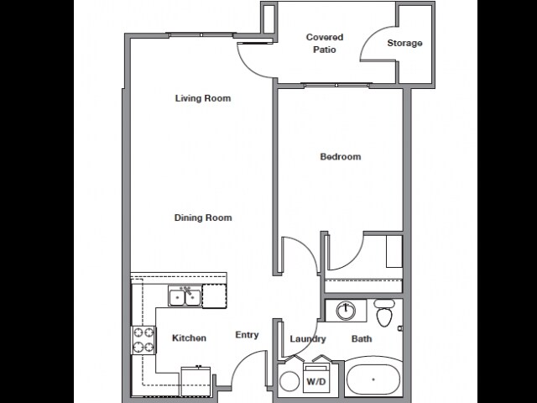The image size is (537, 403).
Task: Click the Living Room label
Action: pos(202,98)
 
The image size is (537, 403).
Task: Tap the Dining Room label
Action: pos(202,218)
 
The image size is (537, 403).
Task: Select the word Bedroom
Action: pos(340,157)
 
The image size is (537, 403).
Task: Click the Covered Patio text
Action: pos(324,44)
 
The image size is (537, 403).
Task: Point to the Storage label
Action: pos(404,44)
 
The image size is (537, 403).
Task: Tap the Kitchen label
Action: pos(189,338)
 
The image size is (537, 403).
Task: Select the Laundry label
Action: pos(307,339)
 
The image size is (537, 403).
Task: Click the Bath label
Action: pos(362,339)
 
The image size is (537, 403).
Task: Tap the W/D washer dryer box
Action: pos(315,379)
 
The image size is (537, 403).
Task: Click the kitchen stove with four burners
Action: pos(143,339)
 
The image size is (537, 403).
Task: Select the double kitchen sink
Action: pos(184,296)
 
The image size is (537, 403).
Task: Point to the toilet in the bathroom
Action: pos(385,314)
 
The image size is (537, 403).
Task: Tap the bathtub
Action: pos(373,380)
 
